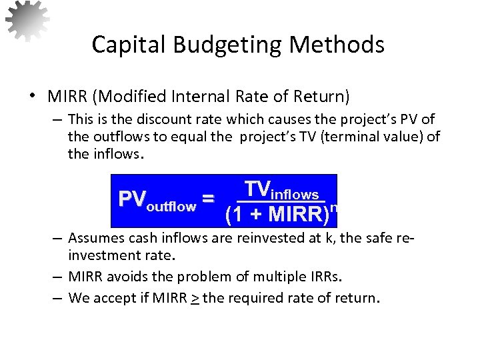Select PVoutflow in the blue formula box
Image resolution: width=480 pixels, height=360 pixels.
tap(157, 200)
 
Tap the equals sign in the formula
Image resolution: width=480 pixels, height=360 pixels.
tap(208, 199)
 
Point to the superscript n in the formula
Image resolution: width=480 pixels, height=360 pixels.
tap(333, 208)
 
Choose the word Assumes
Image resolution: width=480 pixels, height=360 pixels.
tap(94, 238)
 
